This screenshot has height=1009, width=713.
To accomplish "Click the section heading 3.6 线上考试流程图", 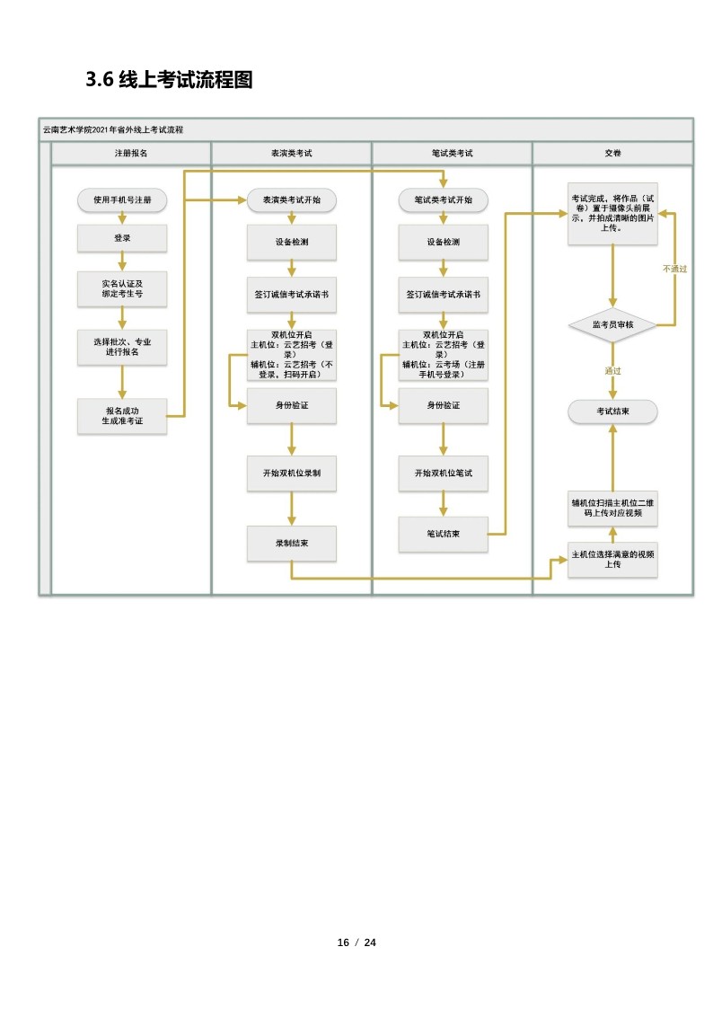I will (169, 80).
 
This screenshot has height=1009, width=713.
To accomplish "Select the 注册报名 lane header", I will (131, 154).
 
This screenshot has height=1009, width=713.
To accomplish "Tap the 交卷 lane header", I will (612, 154).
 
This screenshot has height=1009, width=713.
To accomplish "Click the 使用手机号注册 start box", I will (122, 199).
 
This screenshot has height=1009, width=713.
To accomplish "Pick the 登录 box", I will (122, 238).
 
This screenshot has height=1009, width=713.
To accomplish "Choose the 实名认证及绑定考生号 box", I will (122, 288).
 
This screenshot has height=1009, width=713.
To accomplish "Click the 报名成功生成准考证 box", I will (122, 416).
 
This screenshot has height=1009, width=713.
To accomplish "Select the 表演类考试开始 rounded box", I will (291, 199).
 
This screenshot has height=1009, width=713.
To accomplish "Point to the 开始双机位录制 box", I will (291, 473).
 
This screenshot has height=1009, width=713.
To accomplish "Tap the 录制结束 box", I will (291, 543).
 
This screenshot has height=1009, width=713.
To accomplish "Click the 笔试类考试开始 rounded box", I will (443, 199).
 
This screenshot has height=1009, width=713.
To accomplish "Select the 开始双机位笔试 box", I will (443, 473).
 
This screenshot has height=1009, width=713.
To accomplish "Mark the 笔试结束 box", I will (443, 534).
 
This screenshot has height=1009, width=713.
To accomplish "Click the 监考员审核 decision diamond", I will (612, 324).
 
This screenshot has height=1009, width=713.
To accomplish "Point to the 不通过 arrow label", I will (674, 269).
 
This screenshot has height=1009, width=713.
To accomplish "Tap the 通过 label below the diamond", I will (612, 370).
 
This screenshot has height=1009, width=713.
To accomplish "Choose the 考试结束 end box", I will (612, 412).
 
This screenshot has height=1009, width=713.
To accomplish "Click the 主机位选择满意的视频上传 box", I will (612, 560).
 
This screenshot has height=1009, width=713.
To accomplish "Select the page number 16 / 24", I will (356, 943).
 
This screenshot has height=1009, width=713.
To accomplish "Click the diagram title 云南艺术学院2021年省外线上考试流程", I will (113, 130).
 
